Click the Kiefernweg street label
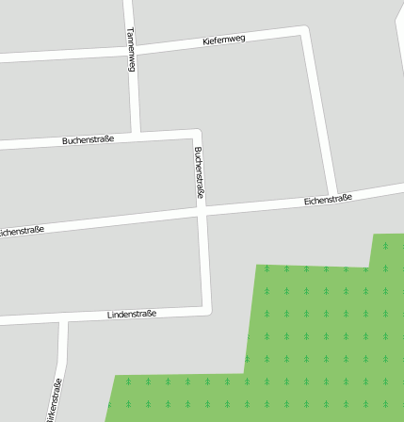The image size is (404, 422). [x=224, y=40]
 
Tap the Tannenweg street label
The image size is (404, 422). [x=131, y=49]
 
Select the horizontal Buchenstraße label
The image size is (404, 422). [x=89, y=139]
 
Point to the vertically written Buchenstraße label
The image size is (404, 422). [x=199, y=171]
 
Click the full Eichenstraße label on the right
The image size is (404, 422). [x=328, y=200]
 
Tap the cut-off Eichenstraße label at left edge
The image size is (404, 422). [x=22, y=231]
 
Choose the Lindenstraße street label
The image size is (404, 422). [x=132, y=314]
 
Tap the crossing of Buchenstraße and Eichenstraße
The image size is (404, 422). [x=202, y=213]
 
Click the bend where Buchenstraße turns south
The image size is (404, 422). [x=197, y=132]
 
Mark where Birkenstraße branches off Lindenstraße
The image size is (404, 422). [x=62, y=321]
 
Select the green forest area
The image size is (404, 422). [x=320, y=330]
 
